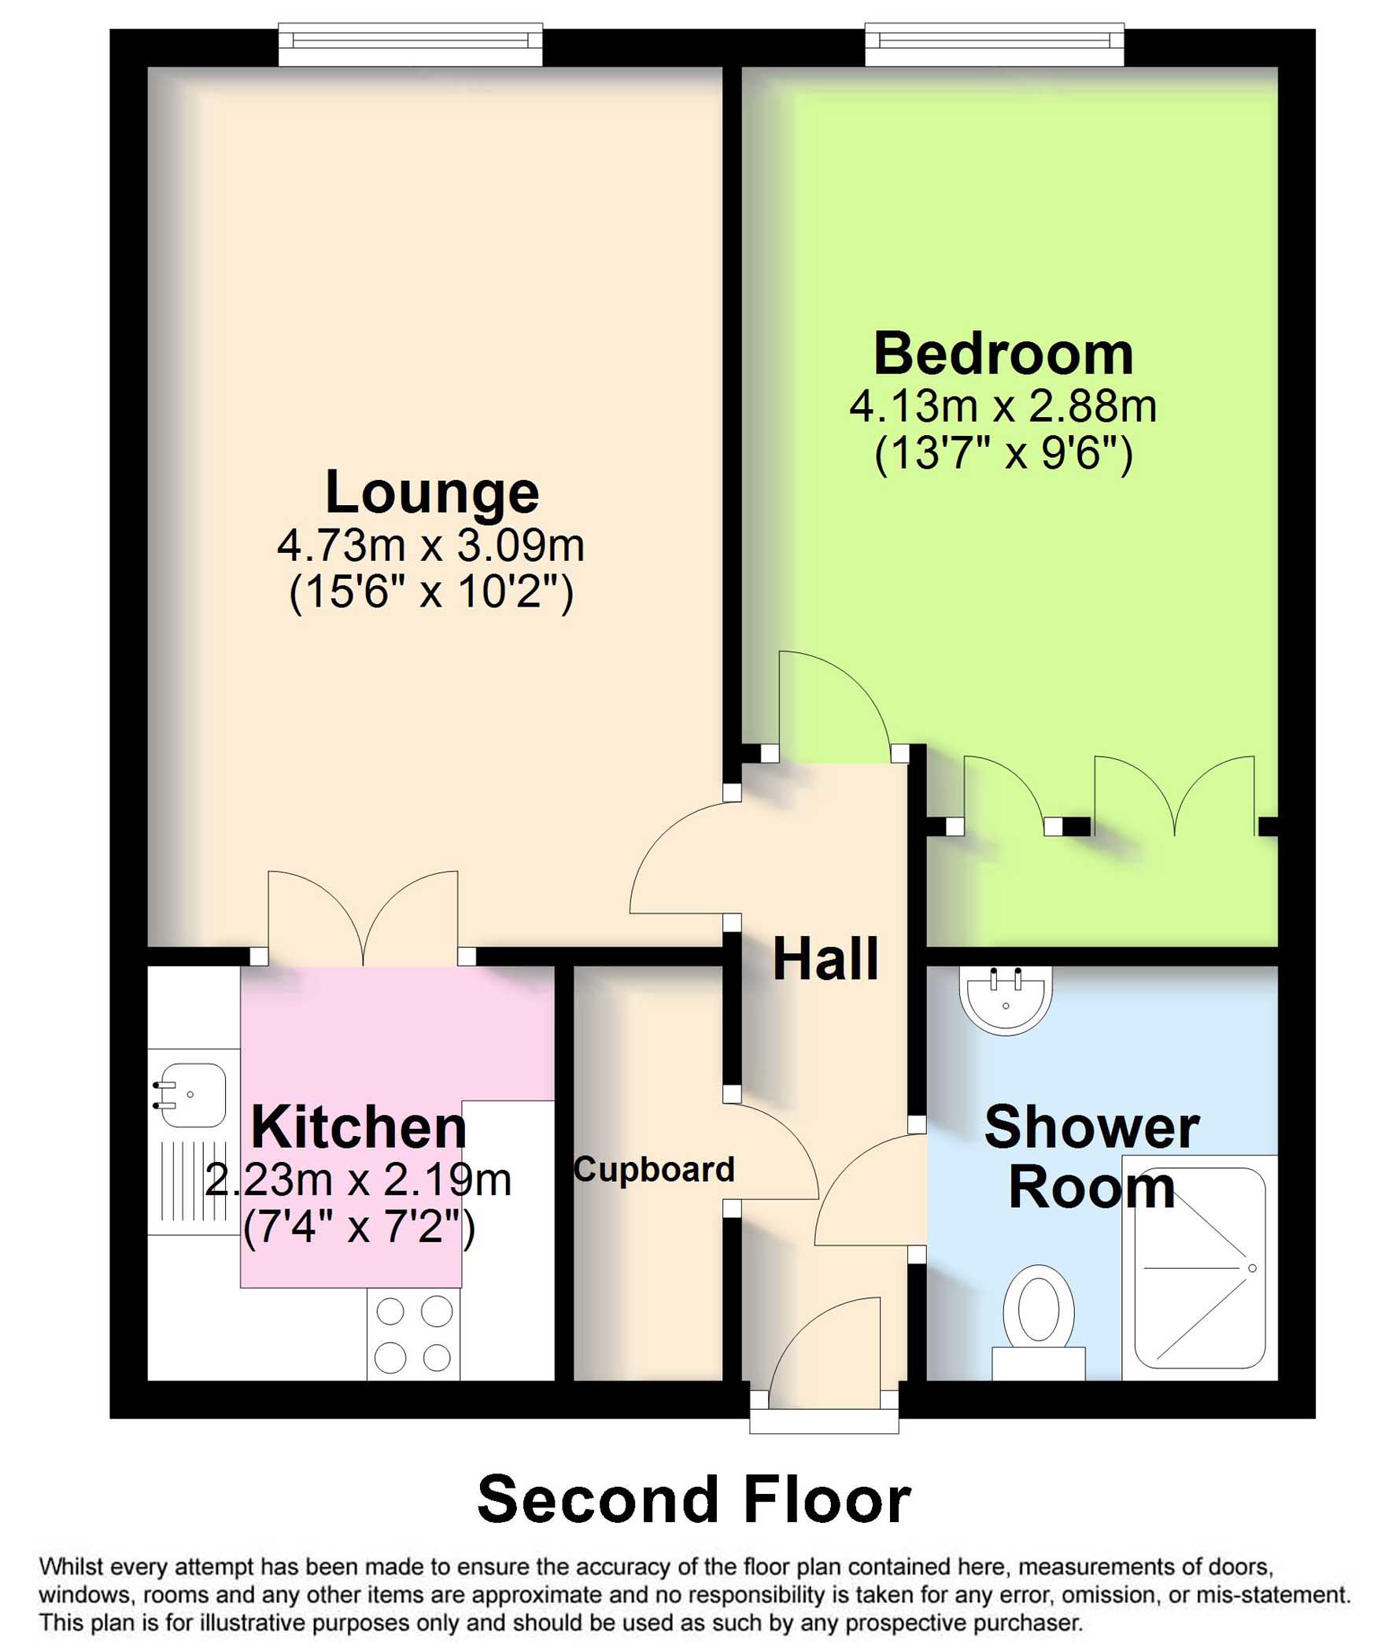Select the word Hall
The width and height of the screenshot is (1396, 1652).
click(x=825, y=958)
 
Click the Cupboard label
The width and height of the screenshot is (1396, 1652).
click(x=654, y=1169)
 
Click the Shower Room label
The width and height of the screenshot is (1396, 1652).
click(x=1092, y=1156)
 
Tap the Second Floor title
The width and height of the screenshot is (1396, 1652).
click(x=694, y=1499)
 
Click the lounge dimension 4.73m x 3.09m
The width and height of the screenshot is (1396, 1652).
click(x=431, y=545)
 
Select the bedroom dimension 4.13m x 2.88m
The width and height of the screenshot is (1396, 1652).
click(x=1003, y=407)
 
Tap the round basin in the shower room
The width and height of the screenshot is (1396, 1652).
click(x=1006, y=1000)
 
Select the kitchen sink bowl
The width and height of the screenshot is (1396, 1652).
click(x=191, y=1094)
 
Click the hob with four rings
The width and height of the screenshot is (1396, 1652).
click(x=414, y=1334)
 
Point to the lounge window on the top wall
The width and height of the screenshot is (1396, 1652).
click(x=411, y=45)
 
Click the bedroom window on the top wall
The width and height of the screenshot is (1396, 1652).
click(x=995, y=45)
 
